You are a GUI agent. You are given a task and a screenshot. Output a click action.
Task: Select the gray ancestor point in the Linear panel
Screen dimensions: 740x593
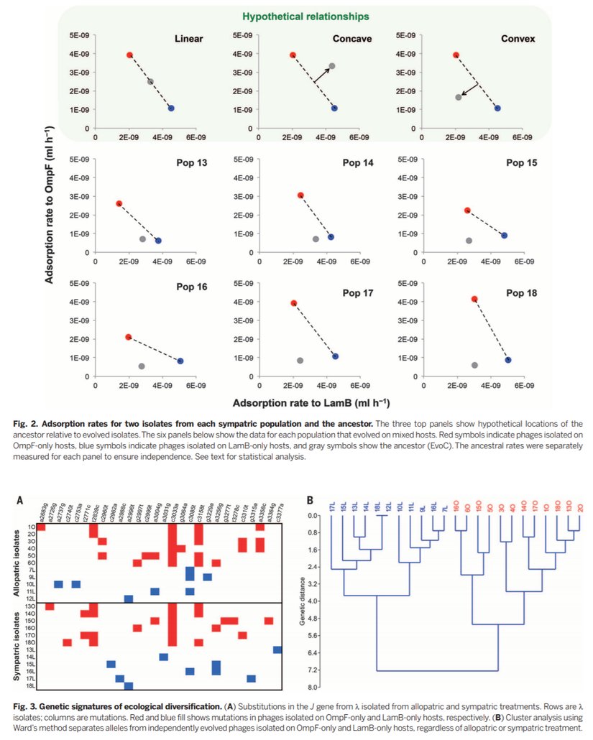(150, 82)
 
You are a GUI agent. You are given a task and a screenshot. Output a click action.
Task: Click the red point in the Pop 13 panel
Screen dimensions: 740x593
(119, 204)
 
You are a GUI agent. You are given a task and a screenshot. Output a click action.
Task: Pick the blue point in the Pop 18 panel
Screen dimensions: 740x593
(507, 360)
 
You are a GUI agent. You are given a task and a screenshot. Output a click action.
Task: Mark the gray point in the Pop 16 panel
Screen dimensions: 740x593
(142, 366)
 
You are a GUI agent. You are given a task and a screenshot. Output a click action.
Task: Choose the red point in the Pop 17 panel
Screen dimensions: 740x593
(293, 303)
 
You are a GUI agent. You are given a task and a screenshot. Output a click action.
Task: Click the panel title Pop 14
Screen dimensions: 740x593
(357, 163)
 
